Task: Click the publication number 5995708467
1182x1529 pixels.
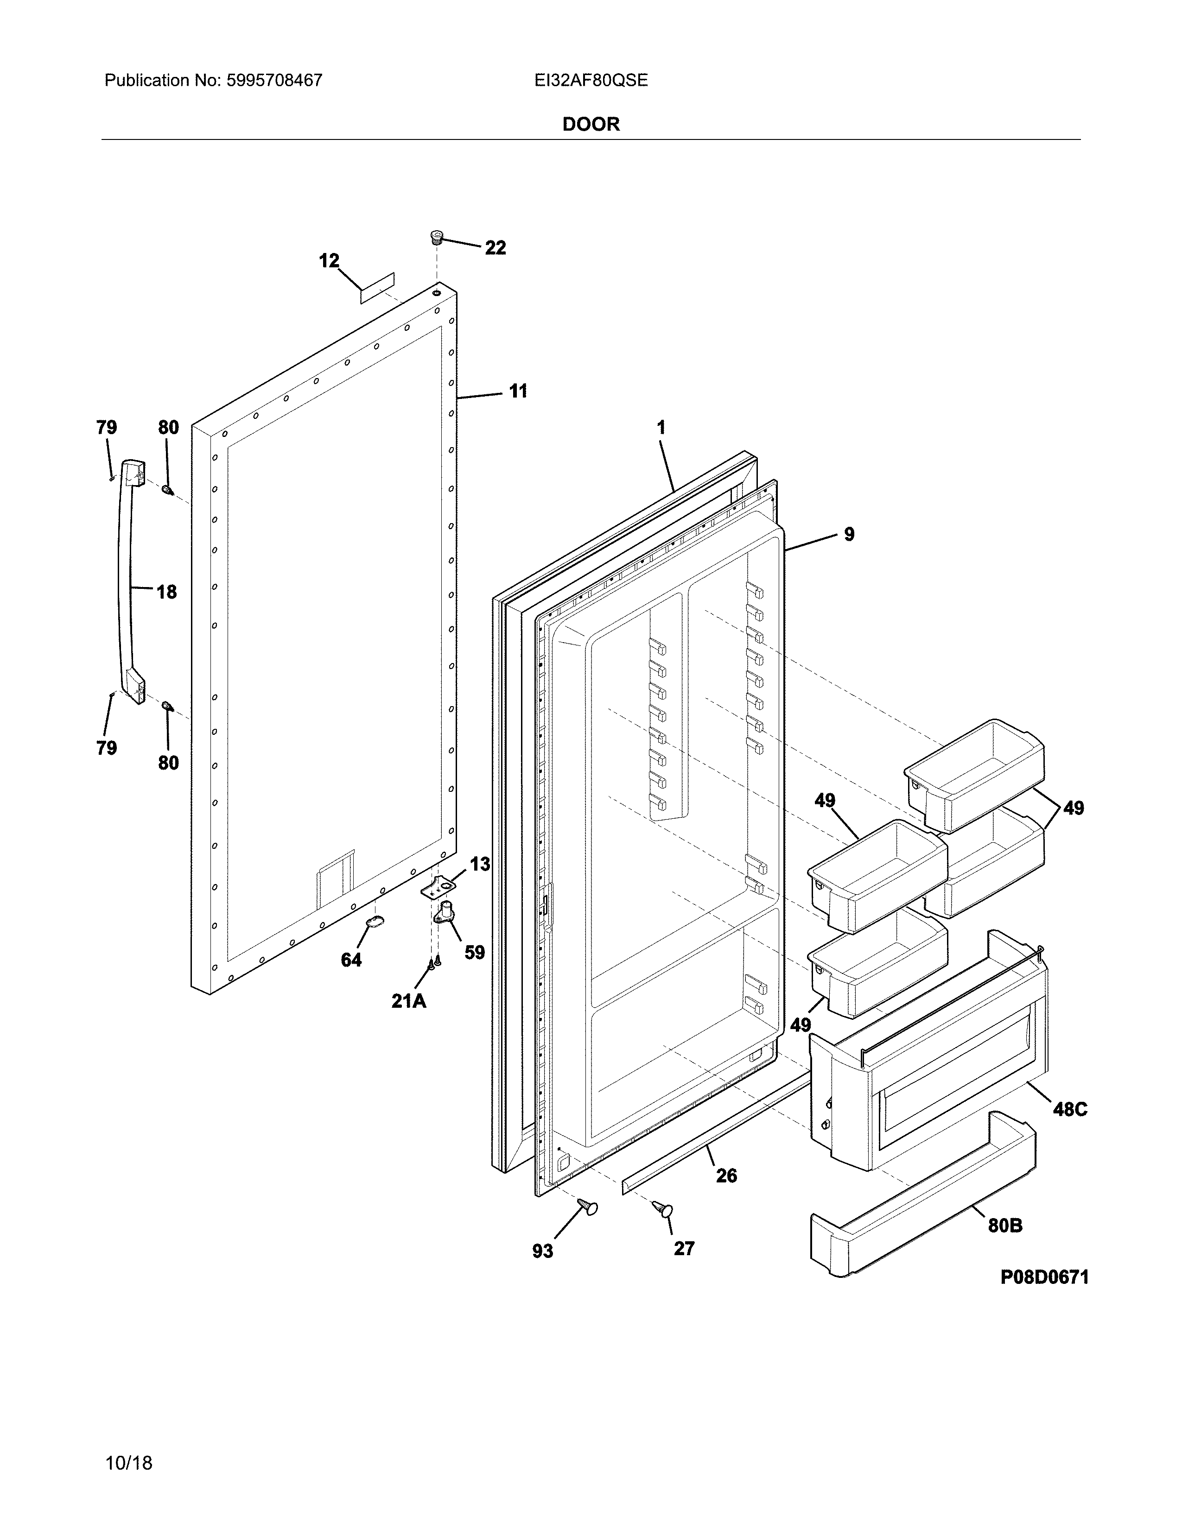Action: coord(274,81)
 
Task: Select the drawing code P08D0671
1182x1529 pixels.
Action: coord(1044,1277)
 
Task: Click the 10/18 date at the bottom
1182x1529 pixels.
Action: coord(128,1444)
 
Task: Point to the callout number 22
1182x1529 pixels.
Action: coord(495,248)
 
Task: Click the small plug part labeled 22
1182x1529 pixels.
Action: coord(437,237)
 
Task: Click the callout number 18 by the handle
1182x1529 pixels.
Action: coord(166,592)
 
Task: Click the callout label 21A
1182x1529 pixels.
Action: coord(408,1001)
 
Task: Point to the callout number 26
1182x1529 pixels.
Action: coord(726,1175)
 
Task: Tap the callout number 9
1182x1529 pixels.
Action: coord(849,534)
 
